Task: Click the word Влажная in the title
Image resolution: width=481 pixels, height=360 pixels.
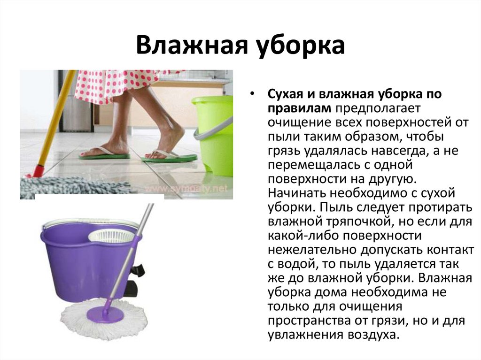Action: pos(192,45)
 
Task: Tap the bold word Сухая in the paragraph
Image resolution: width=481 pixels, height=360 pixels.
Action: pos(286,94)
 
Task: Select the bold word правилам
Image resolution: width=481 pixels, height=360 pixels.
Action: pos(299,108)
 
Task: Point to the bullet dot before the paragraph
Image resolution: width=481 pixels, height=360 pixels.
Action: pos(252,94)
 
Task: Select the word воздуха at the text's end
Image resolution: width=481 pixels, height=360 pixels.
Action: pos(373,335)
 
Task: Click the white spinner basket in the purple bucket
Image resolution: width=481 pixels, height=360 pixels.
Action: pos(111,237)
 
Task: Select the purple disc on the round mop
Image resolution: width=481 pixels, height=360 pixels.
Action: pos(105,314)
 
